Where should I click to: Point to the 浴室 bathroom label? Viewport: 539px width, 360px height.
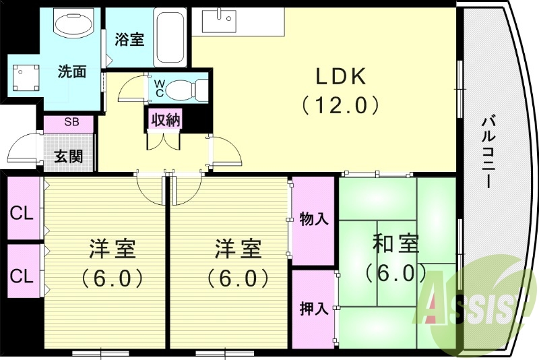click(129, 39)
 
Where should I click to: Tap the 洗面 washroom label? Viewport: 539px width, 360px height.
click(71, 71)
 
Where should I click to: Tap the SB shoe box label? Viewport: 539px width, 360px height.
click(70, 122)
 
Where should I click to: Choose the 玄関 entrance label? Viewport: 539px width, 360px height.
click(69, 156)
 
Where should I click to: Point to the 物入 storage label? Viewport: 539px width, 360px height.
click(313, 219)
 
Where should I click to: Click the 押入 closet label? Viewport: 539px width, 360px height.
click(313, 308)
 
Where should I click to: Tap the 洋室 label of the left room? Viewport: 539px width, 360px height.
click(113, 249)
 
